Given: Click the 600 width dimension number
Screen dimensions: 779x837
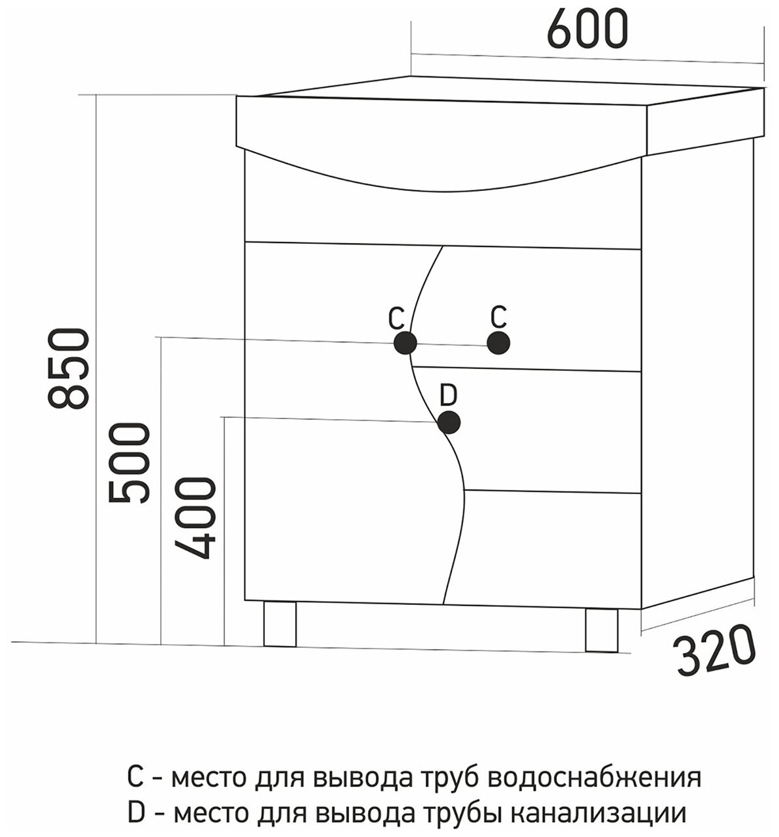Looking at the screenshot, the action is tap(588, 29).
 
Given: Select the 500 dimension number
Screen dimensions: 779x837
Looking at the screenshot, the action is tap(128, 463).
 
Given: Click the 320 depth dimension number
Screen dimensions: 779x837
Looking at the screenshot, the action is tap(714, 653).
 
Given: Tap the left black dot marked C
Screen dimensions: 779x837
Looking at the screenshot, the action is tap(405, 342).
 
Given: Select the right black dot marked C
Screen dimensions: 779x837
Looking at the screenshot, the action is tap(498, 342).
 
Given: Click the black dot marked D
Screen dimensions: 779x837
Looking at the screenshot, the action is tap(449, 422).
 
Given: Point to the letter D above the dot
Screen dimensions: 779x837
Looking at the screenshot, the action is tap(449, 395).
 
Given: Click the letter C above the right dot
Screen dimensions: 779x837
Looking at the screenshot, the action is tap(498, 317).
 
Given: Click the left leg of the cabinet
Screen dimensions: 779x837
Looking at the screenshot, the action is tap(280, 624).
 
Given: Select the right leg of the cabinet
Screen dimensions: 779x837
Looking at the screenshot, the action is tap(601, 630).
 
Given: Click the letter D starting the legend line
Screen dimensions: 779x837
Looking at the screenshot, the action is tap(136, 812).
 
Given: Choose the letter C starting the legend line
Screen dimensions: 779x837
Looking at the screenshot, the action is tap(135, 778).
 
